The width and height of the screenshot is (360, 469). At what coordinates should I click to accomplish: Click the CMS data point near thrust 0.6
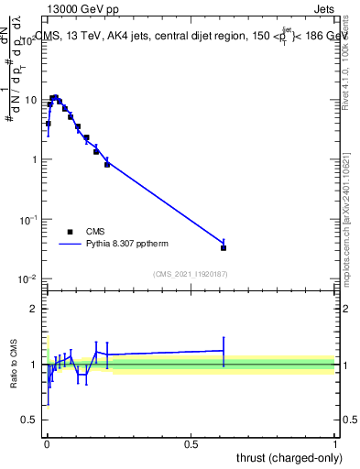[x=224, y=247]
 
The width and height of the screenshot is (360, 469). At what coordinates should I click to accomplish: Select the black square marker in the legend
[x=71, y=232]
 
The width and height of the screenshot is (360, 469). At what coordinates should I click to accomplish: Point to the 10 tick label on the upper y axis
[x=32, y=100]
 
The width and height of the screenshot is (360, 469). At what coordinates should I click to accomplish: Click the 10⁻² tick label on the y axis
[x=30, y=279]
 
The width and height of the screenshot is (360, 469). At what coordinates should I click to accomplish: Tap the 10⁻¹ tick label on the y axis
[x=30, y=220]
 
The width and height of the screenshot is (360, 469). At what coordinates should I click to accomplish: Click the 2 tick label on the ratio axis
[x=35, y=309]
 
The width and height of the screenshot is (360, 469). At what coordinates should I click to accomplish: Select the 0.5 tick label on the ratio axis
[x=30, y=420]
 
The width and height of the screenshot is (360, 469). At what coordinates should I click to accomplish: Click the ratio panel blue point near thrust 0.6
[x=224, y=350]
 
